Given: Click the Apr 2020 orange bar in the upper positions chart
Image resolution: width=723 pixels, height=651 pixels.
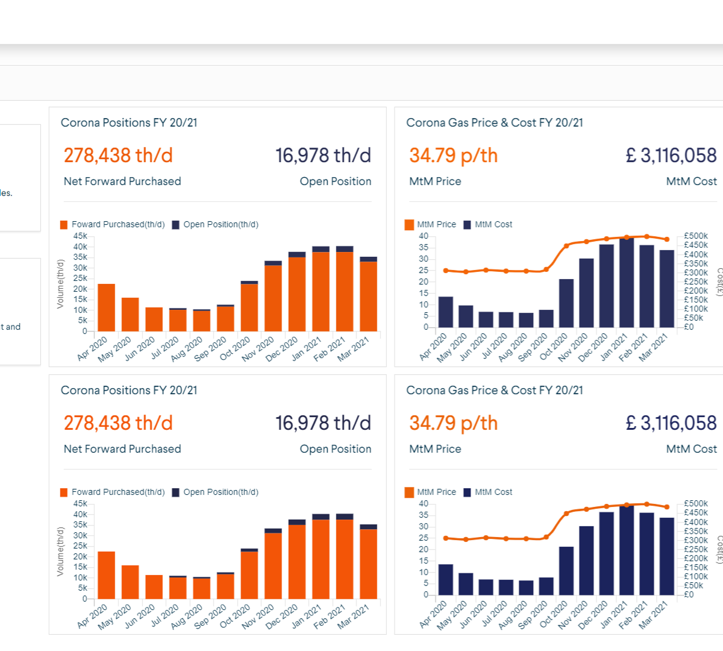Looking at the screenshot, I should point(106,307).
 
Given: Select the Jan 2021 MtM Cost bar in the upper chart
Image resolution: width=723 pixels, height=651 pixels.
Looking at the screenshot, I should point(627,283).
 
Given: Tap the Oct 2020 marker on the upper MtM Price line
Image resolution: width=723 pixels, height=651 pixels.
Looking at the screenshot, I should point(566,246).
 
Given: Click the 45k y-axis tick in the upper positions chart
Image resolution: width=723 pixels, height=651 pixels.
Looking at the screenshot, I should point(80,236).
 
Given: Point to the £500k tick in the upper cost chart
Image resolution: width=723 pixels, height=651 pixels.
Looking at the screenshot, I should point(696,236).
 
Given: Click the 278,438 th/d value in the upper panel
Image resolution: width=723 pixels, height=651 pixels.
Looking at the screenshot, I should point(118,156).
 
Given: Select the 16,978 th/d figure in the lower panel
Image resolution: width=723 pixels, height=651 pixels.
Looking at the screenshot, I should point(323,423).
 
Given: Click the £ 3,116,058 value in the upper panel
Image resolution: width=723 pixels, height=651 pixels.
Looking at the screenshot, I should point(671,156).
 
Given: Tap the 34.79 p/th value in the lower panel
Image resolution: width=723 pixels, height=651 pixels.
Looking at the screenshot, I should point(453,423).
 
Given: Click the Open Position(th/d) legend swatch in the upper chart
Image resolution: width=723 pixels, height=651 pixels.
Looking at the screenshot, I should point(176,225).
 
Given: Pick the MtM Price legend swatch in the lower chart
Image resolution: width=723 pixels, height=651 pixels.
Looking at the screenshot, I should point(410,492).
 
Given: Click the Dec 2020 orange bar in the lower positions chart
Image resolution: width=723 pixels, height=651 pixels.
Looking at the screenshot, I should point(297,562).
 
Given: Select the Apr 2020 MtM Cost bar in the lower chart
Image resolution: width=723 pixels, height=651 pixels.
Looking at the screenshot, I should point(446,580).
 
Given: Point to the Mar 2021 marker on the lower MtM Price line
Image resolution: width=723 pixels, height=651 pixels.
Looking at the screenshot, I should point(666,507).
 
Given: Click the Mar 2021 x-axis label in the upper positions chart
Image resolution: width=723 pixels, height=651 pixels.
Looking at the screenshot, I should point(354,349).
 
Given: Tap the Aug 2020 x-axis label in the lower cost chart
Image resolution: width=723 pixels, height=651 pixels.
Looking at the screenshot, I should point(513,615).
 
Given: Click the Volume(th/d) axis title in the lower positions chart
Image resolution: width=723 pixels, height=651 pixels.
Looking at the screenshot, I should point(60,552).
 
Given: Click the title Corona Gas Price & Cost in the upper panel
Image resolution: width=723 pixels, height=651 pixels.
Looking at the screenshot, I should point(494,123).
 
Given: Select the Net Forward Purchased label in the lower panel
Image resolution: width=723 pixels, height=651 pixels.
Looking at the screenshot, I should point(122,449).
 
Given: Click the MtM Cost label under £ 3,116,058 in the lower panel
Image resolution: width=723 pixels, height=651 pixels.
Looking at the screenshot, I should point(691,449).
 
